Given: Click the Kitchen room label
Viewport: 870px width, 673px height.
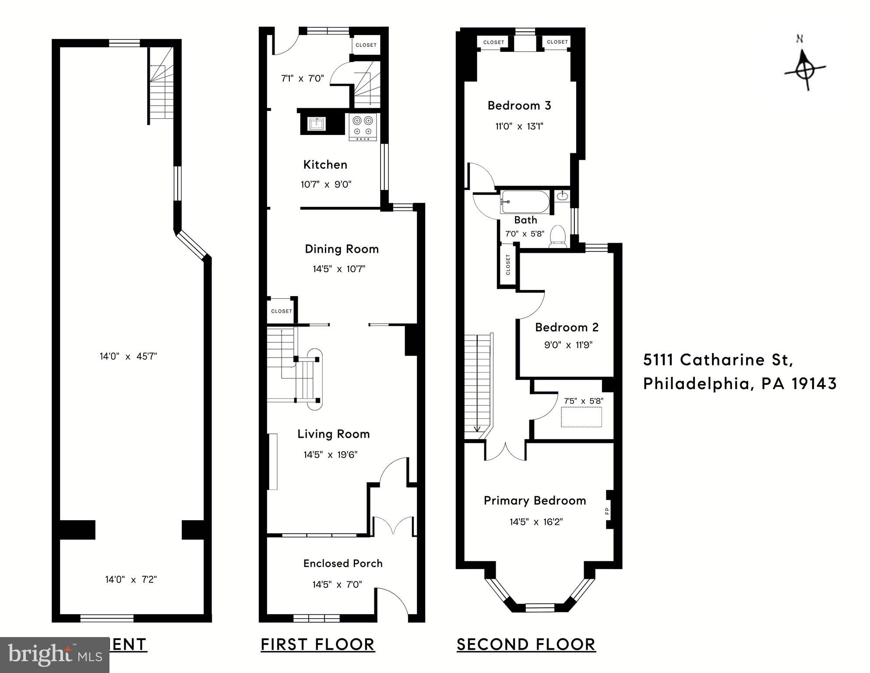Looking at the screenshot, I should tap(325, 165).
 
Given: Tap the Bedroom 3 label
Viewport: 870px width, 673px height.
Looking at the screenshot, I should tap(519, 106).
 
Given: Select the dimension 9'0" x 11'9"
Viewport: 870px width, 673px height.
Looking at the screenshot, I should tap(568, 345).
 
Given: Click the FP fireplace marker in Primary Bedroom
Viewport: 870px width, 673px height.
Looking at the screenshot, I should tap(607, 511).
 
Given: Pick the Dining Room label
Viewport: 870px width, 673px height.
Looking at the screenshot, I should tap(342, 249).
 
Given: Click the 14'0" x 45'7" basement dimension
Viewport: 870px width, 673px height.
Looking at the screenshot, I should tap(128, 356).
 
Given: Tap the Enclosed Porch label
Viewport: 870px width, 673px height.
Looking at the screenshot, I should tap(343, 563).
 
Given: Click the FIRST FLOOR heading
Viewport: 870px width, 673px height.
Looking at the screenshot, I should tap(318, 645).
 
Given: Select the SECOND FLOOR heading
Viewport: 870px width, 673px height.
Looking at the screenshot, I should tap(526, 645).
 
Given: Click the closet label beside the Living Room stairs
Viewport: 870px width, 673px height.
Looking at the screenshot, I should tap(281, 311).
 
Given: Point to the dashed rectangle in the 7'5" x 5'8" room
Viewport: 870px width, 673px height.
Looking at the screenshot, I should tap(581, 417).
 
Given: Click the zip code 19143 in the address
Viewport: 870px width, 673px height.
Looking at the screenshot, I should tap(814, 384).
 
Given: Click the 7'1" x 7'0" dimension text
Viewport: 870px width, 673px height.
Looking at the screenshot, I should tap(303, 78).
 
